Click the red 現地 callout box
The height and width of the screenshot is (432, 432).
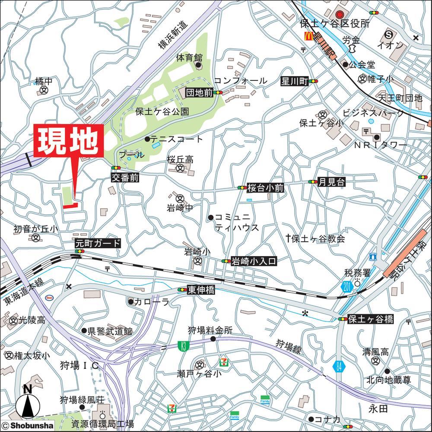point(69,140)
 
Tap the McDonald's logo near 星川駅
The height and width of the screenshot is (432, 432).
point(308,37)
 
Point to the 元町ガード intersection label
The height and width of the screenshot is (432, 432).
point(98,243)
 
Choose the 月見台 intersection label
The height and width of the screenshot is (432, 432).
point(331,182)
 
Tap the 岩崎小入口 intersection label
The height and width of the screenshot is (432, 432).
point(253,261)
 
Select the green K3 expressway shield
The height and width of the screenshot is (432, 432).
point(184,345)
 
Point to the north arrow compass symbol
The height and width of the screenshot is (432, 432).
point(28,404)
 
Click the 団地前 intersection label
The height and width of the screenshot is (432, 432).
point(199,92)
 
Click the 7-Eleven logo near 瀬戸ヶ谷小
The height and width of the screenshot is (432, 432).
point(224,359)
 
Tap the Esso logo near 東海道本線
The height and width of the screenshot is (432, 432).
point(49,297)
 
